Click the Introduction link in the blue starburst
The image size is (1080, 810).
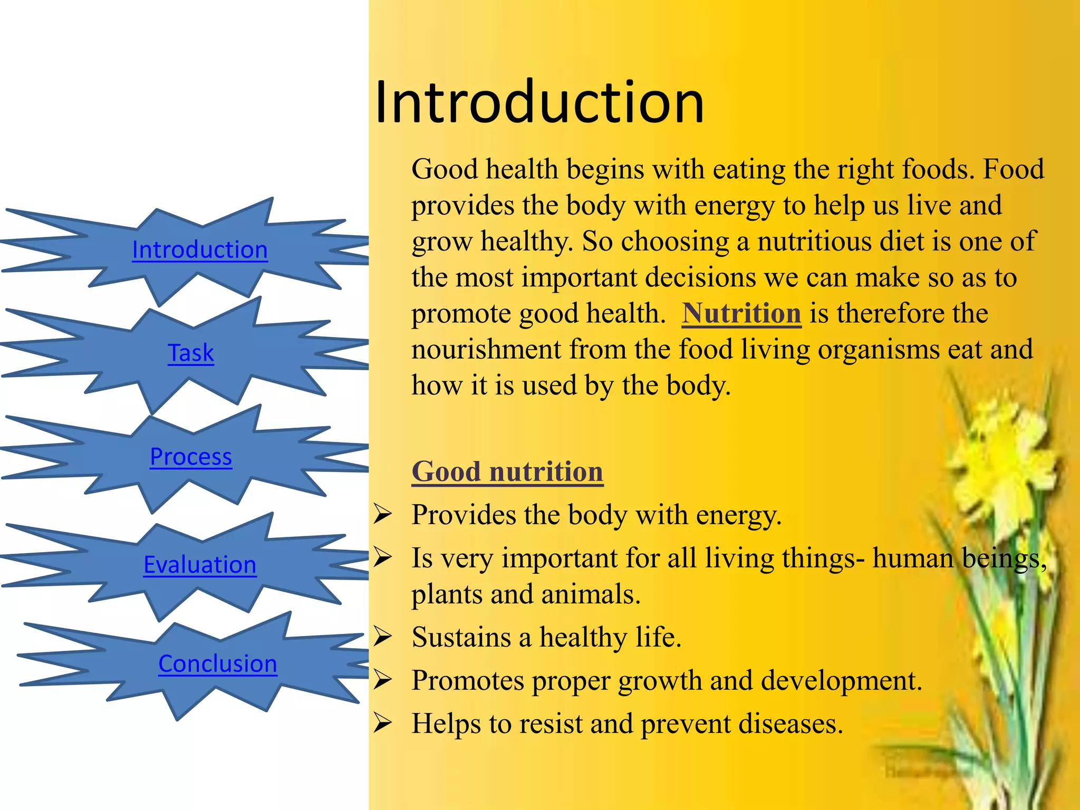click(x=200, y=250)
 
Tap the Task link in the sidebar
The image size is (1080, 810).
click(x=191, y=353)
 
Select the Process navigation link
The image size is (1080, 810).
click(x=191, y=457)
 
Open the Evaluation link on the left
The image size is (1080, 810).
click(x=200, y=565)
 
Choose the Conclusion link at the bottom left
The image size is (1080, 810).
click(x=218, y=664)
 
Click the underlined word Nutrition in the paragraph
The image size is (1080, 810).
click(x=741, y=313)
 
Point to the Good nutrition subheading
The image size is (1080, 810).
click(x=507, y=471)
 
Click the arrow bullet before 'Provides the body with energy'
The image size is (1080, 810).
click(x=382, y=514)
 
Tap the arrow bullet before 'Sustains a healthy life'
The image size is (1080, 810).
click(x=382, y=637)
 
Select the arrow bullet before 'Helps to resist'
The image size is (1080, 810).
click(x=382, y=723)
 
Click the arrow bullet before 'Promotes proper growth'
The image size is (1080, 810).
click(x=382, y=680)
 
